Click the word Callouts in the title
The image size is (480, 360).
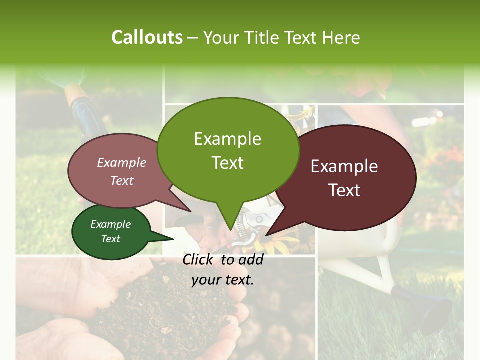(147, 37)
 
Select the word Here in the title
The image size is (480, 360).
(340, 37)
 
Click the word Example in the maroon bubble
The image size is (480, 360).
(344, 166)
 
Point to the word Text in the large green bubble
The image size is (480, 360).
(228, 163)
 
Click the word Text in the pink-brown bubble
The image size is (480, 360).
(122, 180)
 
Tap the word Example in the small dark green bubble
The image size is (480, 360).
(110, 224)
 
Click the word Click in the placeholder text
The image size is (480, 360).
(199, 259)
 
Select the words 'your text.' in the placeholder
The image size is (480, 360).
(223, 279)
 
